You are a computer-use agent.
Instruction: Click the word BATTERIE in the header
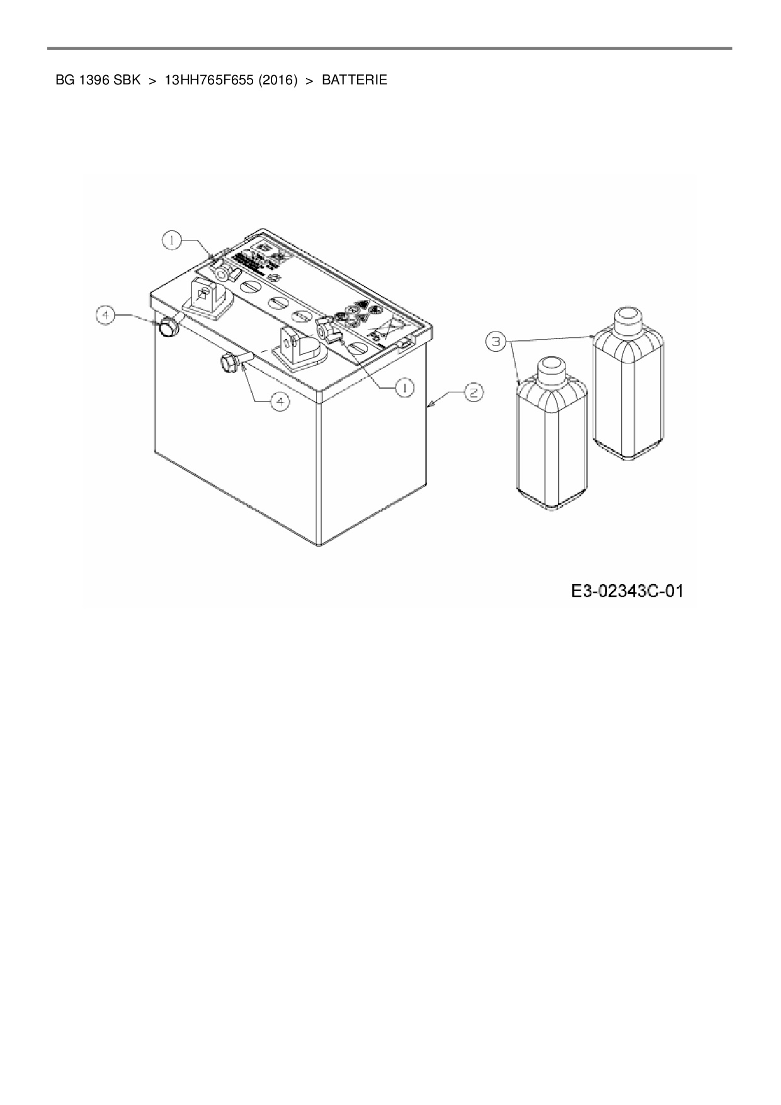(x=354, y=81)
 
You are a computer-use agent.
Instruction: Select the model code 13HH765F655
(x=208, y=81)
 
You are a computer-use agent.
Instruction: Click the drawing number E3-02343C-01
(x=627, y=592)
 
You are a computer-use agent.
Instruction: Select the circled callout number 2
(x=474, y=392)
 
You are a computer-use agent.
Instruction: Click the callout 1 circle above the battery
(x=172, y=239)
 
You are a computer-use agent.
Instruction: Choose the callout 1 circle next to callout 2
(x=404, y=388)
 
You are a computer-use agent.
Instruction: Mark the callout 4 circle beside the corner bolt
(x=106, y=315)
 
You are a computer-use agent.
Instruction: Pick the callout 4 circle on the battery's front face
(x=280, y=401)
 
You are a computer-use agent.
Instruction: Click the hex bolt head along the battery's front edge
(x=228, y=363)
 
